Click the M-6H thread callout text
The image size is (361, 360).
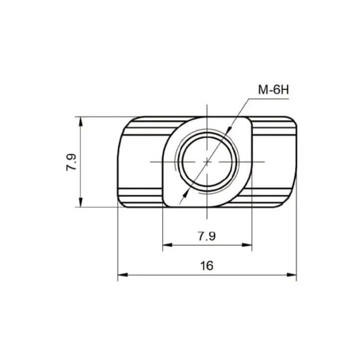pos(273,90)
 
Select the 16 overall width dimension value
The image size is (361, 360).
pos(207,266)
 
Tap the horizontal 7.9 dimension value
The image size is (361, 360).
pos(207,236)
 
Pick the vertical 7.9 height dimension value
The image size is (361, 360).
pos(71,162)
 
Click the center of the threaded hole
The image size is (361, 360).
pos(207,162)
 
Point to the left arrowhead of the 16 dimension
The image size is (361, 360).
pos(122,275)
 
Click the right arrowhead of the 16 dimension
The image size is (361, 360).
pos(292,275)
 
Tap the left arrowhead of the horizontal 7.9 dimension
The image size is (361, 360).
pos(168,245)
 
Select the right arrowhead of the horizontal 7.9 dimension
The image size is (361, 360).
pos(247,245)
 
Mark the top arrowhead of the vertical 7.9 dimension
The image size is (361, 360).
pos(80,122)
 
